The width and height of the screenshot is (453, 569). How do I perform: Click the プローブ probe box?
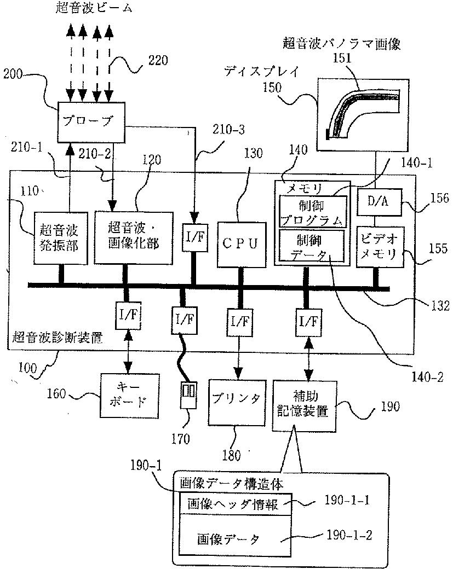pos(91,122)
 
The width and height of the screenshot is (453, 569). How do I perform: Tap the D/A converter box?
pos(379,202)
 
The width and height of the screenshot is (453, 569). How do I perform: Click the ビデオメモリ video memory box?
pos(380,247)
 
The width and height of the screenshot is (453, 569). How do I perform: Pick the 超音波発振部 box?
pos(60,238)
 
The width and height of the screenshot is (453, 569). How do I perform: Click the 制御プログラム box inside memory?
pos(313,212)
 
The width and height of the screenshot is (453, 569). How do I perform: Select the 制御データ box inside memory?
pos(311,245)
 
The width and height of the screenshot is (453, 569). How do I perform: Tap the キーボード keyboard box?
pos(130,395)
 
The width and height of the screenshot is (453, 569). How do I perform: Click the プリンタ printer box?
pos(237,403)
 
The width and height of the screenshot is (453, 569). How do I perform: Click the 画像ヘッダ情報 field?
pos(236,504)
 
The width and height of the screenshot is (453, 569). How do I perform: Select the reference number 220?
pos(158,60)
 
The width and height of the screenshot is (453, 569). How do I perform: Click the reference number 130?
pos(253,153)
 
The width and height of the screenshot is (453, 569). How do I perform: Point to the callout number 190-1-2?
pos(349,535)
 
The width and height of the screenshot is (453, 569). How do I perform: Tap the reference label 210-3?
pos(228,130)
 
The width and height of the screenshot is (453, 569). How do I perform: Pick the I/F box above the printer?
pos(240,322)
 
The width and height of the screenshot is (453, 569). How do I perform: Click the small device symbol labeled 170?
pos(189,394)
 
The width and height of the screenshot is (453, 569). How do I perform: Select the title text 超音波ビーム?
pos(94,8)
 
